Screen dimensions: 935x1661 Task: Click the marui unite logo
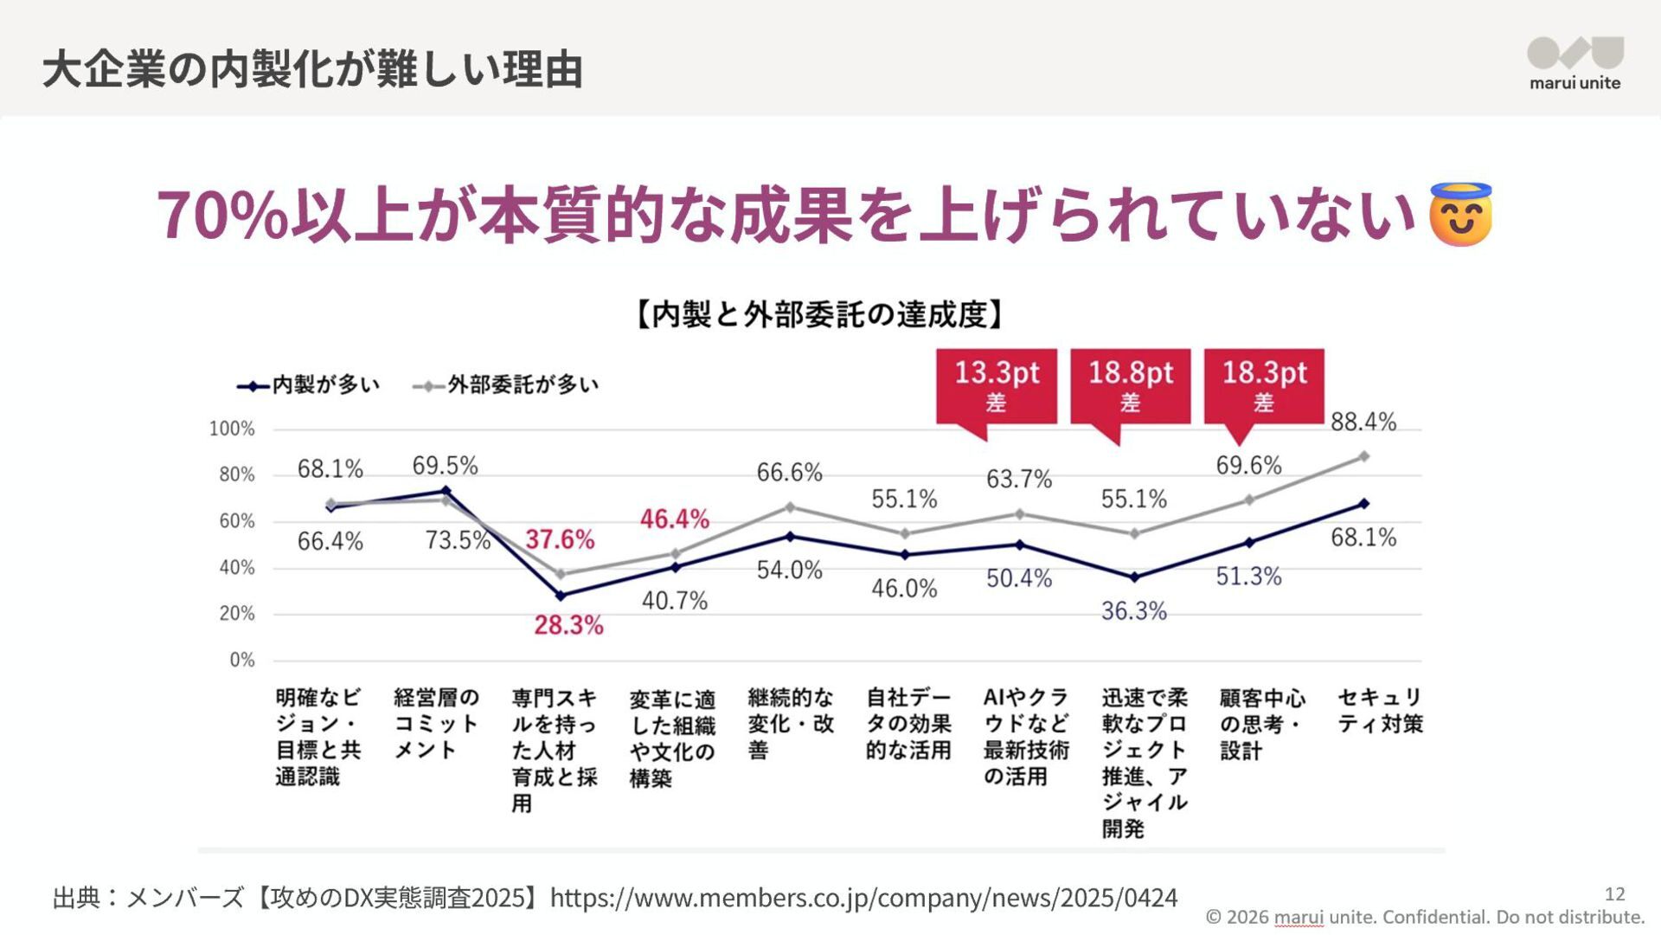(x=1574, y=63)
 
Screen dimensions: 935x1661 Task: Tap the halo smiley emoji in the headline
(x=1460, y=215)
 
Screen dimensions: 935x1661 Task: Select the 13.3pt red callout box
(x=997, y=385)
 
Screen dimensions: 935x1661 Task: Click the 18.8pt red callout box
(x=1130, y=385)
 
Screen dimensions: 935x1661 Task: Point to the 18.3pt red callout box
(x=1264, y=385)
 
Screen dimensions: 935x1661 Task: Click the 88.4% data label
(x=1363, y=422)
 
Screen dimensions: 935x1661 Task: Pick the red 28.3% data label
(x=568, y=625)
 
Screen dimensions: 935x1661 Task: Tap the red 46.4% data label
(x=675, y=519)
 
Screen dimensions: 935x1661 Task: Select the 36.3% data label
(x=1133, y=611)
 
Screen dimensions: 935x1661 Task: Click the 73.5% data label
(x=458, y=540)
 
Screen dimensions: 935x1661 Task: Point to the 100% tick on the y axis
(x=232, y=429)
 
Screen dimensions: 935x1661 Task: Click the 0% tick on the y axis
(x=242, y=660)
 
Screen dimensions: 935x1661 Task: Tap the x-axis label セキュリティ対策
(x=1380, y=710)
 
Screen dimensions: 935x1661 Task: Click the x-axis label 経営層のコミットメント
(x=436, y=723)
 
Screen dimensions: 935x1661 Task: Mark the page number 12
(x=1614, y=893)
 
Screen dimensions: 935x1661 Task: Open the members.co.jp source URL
(x=863, y=898)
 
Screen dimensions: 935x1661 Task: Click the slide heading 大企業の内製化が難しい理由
(x=312, y=69)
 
